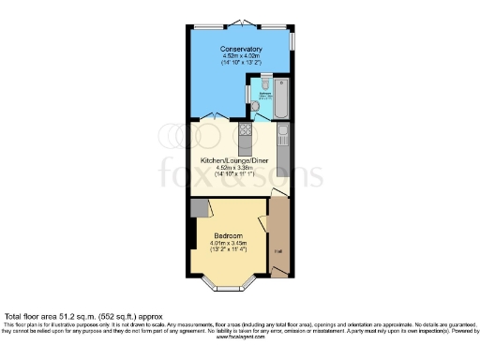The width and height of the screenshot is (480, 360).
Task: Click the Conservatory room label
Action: tap(241, 49)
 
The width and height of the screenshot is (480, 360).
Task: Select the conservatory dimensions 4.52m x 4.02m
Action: tap(241, 56)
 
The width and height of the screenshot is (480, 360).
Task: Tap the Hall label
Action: tap(277, 251)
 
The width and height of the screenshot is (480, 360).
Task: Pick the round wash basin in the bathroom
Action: tap(255, 105)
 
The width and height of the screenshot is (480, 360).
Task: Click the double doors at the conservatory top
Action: tap(241, 22)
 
